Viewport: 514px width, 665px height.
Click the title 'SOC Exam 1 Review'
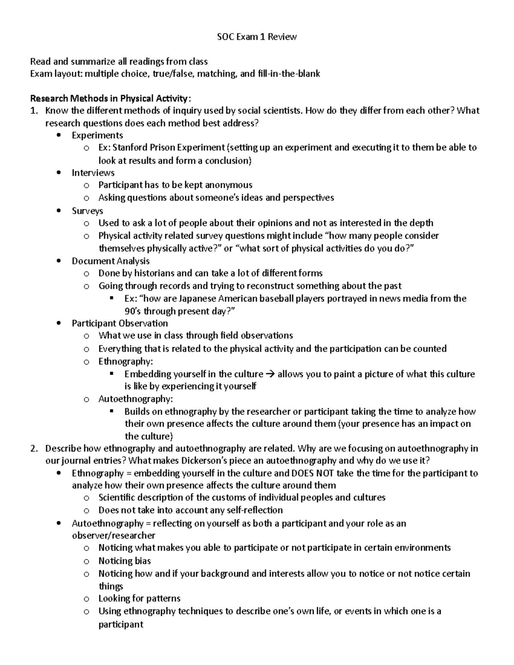[x=257, y=37]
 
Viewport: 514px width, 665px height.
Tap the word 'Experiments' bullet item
[x=97, y=135]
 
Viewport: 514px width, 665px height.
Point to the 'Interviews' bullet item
[x=93, y=173]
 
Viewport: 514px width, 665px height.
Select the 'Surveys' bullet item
[x=87, y=211]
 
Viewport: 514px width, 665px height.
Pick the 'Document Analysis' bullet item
[x=111, y=261]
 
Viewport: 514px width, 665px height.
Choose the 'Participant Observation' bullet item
[x=120, y=323]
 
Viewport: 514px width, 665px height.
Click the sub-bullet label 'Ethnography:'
[x=126, y=361]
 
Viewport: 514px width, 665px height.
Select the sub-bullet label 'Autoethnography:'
[x=136, y=399]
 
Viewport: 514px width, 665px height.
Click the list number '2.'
[x=34, y=449]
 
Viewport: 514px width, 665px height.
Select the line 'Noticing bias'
[x=125, y=561]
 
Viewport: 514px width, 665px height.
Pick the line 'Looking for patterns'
[x=139, y=599]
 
